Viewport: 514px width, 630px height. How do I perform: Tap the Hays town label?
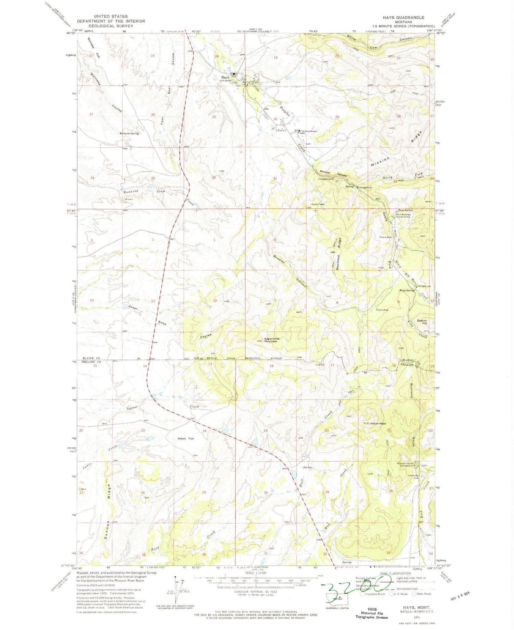pyautogui.click(x=225, y=77)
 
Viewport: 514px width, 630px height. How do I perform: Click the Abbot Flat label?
pyautogui.click(x=185, y=438)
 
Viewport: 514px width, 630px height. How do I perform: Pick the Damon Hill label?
pyautogui.click(x=422, y=322)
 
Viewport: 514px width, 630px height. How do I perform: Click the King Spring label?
pyautogui.click(x=407, y=290)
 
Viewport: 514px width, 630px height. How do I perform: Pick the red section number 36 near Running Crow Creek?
pyautogui.click(x=214, y=178)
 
